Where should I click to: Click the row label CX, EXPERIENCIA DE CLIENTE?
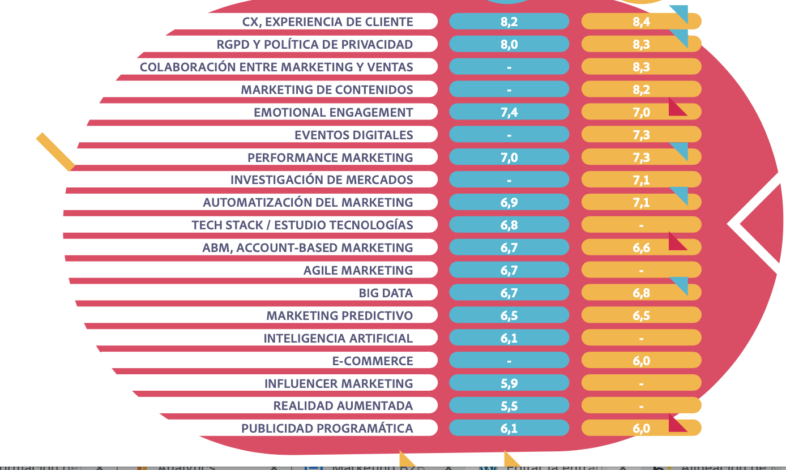[327, 22]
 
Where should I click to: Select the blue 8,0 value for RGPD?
[509, 44]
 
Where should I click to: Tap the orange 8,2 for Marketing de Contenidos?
[641, 89]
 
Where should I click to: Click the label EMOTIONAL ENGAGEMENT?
[333, 112]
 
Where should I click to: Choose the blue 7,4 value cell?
[509, 112]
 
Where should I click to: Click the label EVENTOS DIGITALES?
[353, 135]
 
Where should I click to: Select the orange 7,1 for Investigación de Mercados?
[641, 180]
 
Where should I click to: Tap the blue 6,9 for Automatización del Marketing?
[509, 202]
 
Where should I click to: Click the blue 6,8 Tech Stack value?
[509, 225]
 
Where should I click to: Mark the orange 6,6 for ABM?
[641, 247]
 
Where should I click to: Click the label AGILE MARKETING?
[358, 270]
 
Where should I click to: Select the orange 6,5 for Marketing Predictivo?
[641, 315]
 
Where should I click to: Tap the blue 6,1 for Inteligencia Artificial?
[509, 338]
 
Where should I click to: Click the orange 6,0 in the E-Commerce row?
[641, 361]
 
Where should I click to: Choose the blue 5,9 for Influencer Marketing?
[509, 383]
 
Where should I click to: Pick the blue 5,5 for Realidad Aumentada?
[509, 406]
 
